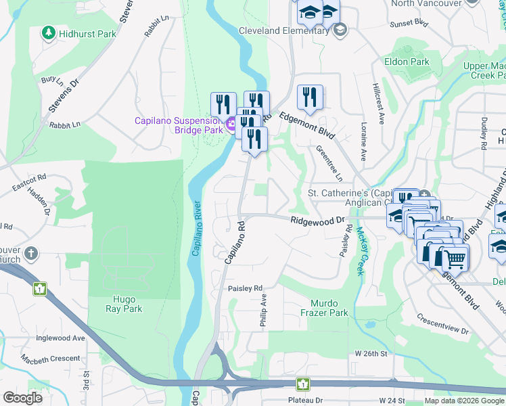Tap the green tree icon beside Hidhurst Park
[48, 32]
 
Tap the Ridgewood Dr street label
[317, 221]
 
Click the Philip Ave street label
[263, 311]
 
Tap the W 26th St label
[371, 354]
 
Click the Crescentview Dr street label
[442, 323]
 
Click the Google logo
[22, 397]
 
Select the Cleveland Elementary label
[285, 30]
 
